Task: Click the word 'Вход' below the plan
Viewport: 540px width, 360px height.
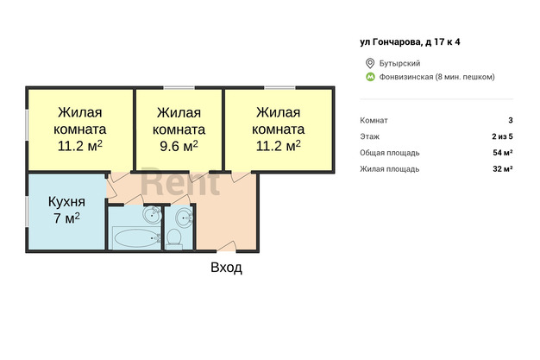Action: (226, 268)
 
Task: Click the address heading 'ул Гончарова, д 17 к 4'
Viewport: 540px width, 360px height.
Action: (416, 41)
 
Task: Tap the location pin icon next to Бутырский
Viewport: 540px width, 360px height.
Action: (370, 63)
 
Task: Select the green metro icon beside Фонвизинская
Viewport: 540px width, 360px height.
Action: (370, 77)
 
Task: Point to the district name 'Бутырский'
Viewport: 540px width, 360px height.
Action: (400, 63)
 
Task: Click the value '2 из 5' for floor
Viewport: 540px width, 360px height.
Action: (502, 136)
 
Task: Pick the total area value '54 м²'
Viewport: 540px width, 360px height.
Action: (502, 153)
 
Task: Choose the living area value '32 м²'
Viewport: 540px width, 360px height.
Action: (502, 169)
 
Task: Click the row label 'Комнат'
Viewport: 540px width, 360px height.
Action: (374, 121)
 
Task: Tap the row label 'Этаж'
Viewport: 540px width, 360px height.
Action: (369, 136)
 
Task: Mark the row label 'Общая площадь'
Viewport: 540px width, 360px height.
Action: (390, 153)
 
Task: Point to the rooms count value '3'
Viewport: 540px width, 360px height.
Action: (510, 121)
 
